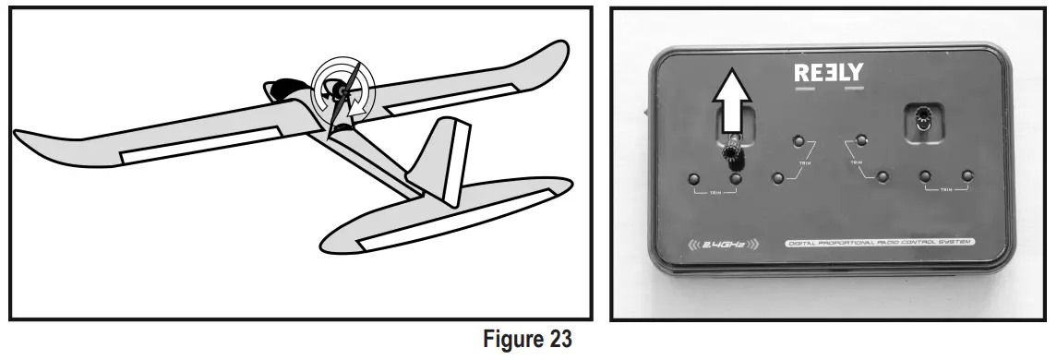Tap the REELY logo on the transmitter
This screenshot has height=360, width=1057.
click(828, 73)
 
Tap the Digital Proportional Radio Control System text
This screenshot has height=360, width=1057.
click(880, 244)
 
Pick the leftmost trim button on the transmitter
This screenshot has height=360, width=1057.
click(694, 179)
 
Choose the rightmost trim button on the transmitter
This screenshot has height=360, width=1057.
click(967, 175)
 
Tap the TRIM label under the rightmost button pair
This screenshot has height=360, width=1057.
click(945, 191)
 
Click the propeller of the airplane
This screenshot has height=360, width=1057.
click(342, 102)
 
